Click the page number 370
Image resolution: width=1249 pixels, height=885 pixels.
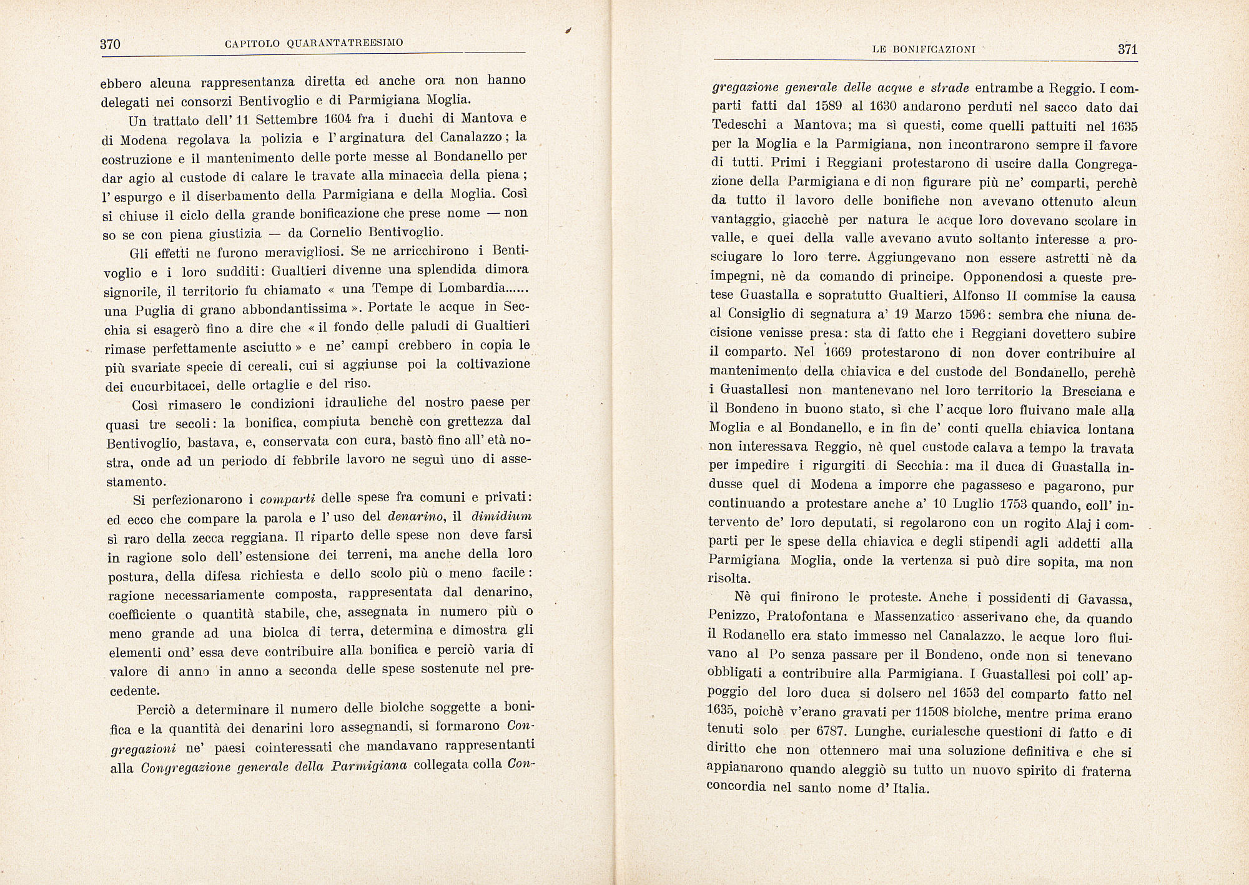click(110, 44)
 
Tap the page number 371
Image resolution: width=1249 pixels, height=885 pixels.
click(1127, 50)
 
